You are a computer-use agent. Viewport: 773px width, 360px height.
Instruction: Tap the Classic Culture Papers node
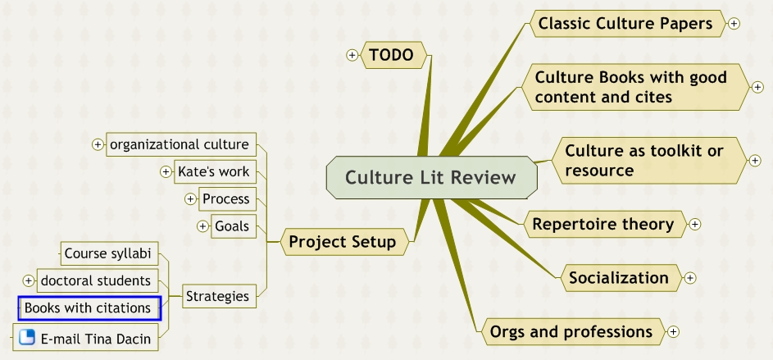coord(625,24)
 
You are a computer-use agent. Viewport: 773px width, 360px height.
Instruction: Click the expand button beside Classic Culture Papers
coord(734,24)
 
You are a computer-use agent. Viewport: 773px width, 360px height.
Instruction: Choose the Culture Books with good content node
coord(630,87)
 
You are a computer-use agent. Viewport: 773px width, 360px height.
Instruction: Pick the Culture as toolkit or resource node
coord(643,161)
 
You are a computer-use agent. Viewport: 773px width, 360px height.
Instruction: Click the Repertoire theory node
coord(602,224)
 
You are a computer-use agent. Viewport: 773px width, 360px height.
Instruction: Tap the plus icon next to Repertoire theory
coord(695,224)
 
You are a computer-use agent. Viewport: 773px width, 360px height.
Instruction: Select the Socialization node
coord(619,278)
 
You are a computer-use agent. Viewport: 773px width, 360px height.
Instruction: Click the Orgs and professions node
coord(571,331)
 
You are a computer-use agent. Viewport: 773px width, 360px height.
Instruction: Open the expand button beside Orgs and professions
coord(674,331)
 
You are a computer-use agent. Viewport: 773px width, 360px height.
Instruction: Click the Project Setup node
coord(342,242)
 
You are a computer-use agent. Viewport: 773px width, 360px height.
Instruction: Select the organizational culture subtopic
coord(180,145)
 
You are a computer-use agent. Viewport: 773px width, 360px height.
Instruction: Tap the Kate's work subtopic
coord(213,172)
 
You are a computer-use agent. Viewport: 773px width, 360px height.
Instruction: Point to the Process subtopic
coord(225,199)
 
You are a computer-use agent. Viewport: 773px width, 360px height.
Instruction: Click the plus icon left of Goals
coord(203,226)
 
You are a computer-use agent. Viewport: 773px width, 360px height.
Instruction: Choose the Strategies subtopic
coord(216,296)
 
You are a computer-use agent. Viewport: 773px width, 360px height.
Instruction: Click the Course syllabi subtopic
coord(109,254)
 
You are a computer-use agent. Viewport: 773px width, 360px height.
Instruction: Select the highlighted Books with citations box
coord(89,308)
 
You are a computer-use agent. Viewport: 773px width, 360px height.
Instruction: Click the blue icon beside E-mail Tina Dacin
coord(27,337)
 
